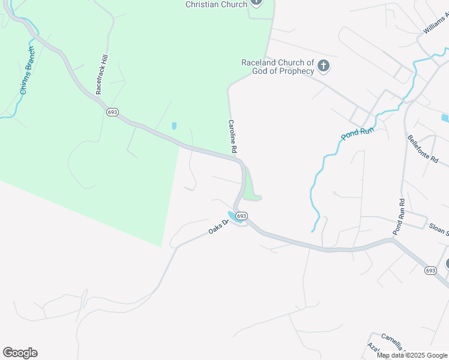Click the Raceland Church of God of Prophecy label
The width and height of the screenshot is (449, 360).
click(277, 67)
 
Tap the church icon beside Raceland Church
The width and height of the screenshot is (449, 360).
click(324, 65)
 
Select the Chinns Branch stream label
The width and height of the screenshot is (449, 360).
click(28, 71)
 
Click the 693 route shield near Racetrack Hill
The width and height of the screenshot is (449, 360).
click(112, 112)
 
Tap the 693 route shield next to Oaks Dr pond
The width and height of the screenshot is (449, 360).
click(241, 215)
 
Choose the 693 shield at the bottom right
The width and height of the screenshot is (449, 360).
click(430, 271)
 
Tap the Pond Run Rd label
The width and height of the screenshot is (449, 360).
click(399, 217)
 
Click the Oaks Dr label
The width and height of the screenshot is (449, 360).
click(219, 227)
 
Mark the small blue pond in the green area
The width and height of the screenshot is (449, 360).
click(174, 126)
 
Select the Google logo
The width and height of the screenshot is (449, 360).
click(20, 353)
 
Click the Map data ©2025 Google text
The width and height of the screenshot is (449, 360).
click(412, 355)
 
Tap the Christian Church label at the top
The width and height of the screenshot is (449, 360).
click(216, 5)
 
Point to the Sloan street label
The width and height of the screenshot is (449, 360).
click(438, 227)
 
